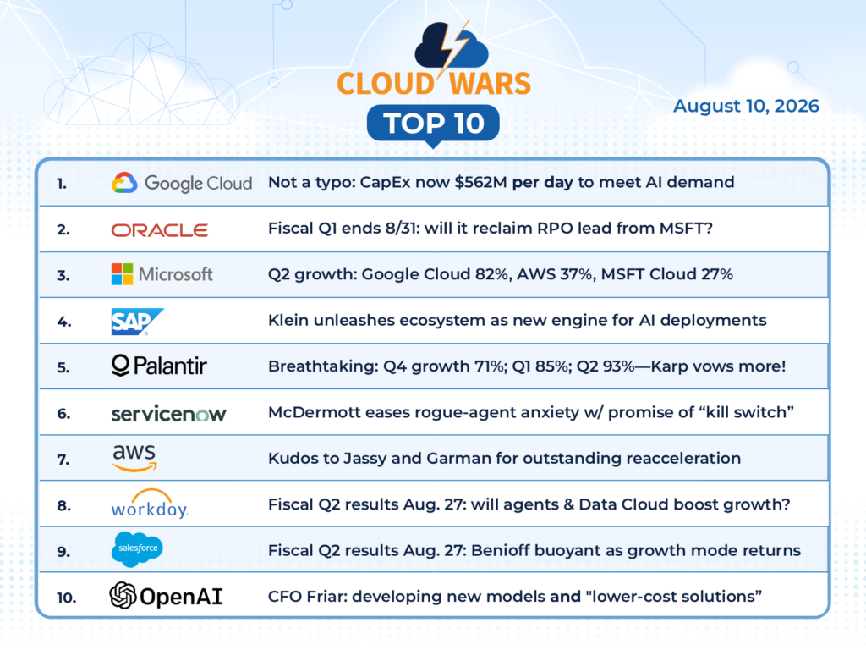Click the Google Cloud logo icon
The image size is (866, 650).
124,183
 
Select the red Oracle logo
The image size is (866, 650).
160,230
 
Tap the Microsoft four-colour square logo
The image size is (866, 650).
122,274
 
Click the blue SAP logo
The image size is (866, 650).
138,322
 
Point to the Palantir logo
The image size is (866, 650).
159,366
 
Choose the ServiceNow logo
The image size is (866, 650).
168,413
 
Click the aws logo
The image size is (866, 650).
134,458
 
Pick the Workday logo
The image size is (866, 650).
149,504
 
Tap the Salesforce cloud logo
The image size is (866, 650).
138,549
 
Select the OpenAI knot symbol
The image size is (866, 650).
123,595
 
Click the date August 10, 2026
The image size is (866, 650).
746,106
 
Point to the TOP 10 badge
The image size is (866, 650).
434,124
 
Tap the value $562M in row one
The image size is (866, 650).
480,183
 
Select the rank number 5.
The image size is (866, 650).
63,367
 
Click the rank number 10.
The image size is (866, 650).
66,598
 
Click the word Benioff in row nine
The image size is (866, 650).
500,550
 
